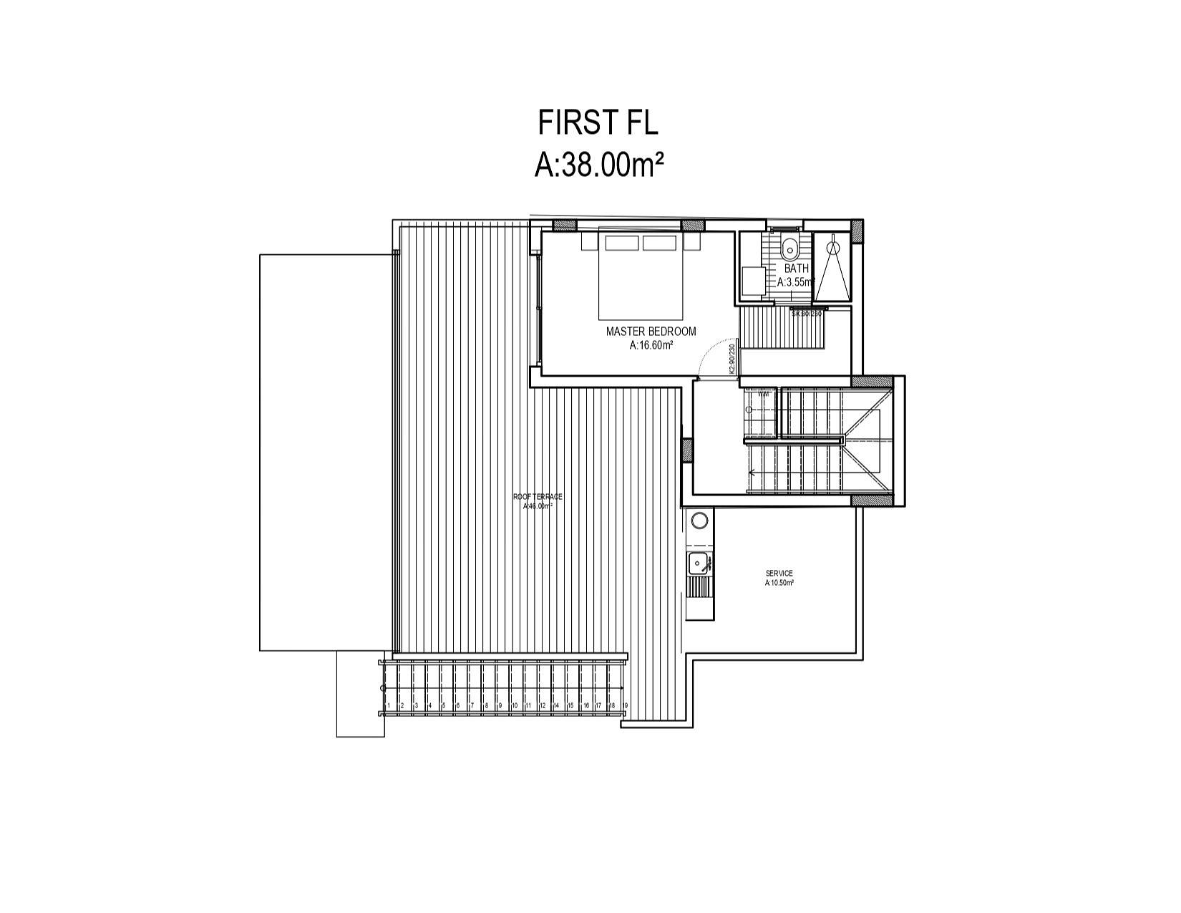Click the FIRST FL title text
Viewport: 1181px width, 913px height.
[598, 122]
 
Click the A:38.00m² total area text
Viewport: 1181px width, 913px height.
[598, 165]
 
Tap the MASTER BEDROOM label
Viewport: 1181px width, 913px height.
[651, 332]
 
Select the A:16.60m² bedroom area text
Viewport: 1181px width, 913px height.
[651, 345]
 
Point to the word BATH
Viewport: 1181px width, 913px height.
[796, 269]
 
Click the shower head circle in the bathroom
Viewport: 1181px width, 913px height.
[832, 247]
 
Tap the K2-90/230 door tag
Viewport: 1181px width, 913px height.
[732, 359]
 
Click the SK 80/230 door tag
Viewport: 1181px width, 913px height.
[807, 313]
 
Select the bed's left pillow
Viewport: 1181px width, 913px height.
[621, 243]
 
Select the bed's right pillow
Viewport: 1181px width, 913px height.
[659, 243]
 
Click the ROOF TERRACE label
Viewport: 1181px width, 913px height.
[538, 496]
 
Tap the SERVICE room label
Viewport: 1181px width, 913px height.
[779, 574]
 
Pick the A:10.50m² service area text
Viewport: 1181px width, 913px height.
[779, 583]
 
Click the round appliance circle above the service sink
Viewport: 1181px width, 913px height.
[699, 520]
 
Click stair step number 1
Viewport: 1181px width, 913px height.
[388, 706]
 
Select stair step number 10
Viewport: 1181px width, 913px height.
[514, 706]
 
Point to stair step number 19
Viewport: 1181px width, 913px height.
[625, 706]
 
